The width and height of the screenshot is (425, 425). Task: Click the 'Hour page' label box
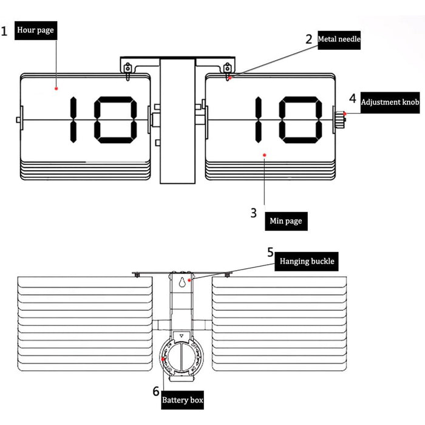[x=36, y=30]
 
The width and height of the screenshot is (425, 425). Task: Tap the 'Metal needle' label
[x=339, y=40]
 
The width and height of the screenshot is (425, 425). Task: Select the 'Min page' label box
[x=286, y=221]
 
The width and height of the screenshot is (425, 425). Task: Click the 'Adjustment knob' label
[x=390, y=103]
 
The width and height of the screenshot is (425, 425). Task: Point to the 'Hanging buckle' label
[x=307, y=261]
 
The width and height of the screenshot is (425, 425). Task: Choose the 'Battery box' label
[x=182, y=400]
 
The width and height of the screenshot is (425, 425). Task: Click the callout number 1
[x=4, y=31]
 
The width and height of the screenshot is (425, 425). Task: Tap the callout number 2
[x=309, y=39]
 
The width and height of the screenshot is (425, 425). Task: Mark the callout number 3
[x=253, y=213]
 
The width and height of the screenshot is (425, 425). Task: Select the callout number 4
[x=353, y=98]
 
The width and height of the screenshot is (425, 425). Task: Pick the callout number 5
[x=271, y=252]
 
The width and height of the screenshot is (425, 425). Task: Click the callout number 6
[x=156, y=391]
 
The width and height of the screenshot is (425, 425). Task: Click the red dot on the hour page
[x=56, y=89]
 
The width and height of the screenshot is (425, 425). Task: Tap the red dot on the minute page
[x=265, y=155]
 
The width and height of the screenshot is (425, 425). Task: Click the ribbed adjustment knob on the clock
[x=339, y=120]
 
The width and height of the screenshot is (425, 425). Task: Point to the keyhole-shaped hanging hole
[x=182, y=282]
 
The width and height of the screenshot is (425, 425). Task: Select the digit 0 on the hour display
[x=115, y=120]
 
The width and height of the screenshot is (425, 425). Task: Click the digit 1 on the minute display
[x=258, y=120]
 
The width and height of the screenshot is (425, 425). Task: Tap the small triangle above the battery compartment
[x=182, y=336]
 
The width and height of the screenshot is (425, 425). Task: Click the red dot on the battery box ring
[x=163, y=359]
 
